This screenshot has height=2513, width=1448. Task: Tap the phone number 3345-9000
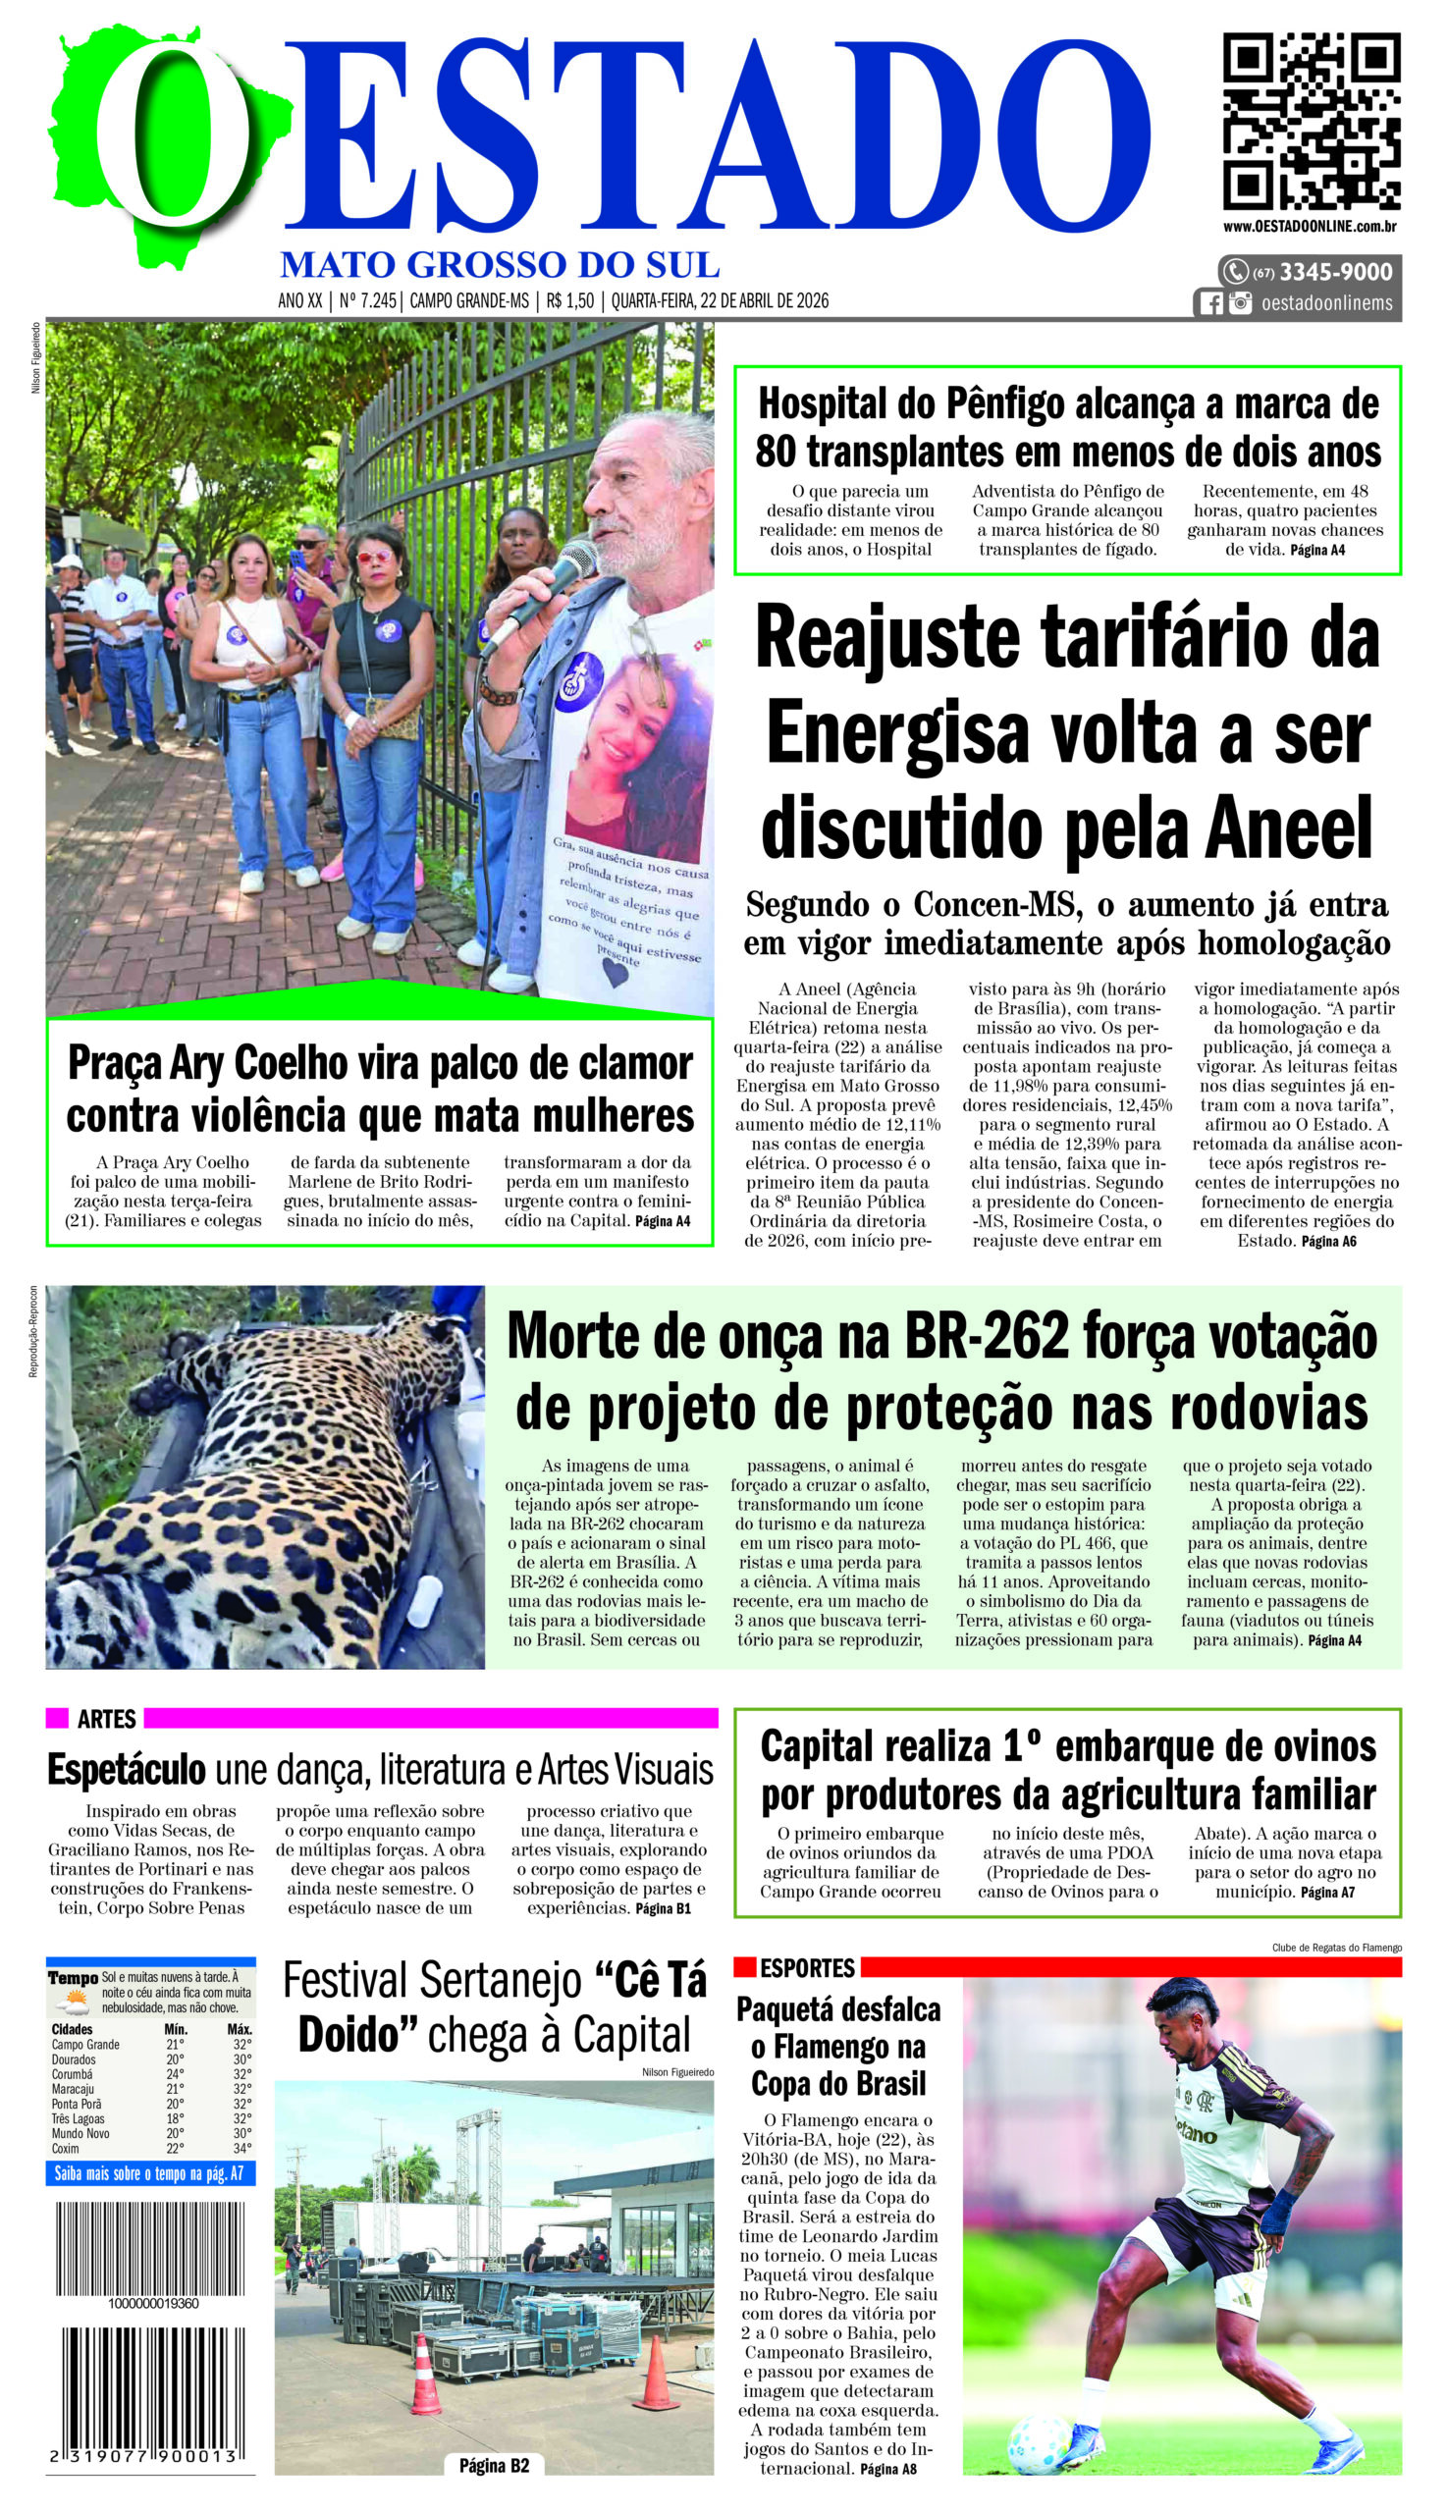[1335, 272]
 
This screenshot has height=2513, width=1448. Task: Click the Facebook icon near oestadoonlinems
[1211, 303]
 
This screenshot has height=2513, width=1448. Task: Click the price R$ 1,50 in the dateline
[569, 300]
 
